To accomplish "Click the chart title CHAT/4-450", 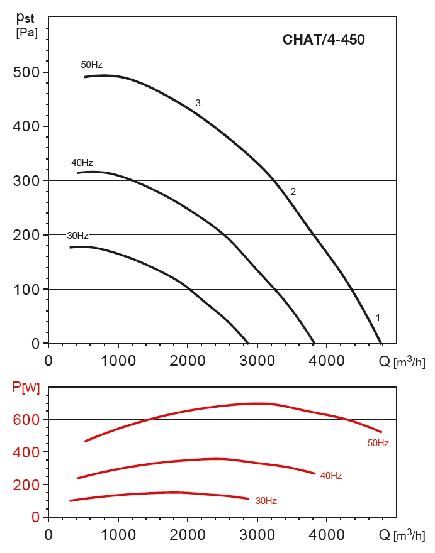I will [x=324, y=40].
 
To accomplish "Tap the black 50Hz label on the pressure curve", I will [x=91, y=65].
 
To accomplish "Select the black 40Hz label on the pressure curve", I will [x=82, y=163].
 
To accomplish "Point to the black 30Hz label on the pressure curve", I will [x=77, y=236].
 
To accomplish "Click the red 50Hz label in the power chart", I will [x=378, y=443].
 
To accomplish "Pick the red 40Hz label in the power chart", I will [x=330, y=476].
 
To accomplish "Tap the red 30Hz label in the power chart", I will [x=266, y=501].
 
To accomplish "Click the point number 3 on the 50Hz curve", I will [x=198, y=103].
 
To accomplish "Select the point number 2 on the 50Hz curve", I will [x=293, y=192].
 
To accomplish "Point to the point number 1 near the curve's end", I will [x=378, y=317].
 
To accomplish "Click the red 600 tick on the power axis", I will [x=26, y=420].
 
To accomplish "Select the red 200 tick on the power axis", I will [x=26, y=485].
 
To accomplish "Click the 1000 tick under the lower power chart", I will [x=118, y=535].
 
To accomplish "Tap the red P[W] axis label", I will [x=26, y=388].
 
